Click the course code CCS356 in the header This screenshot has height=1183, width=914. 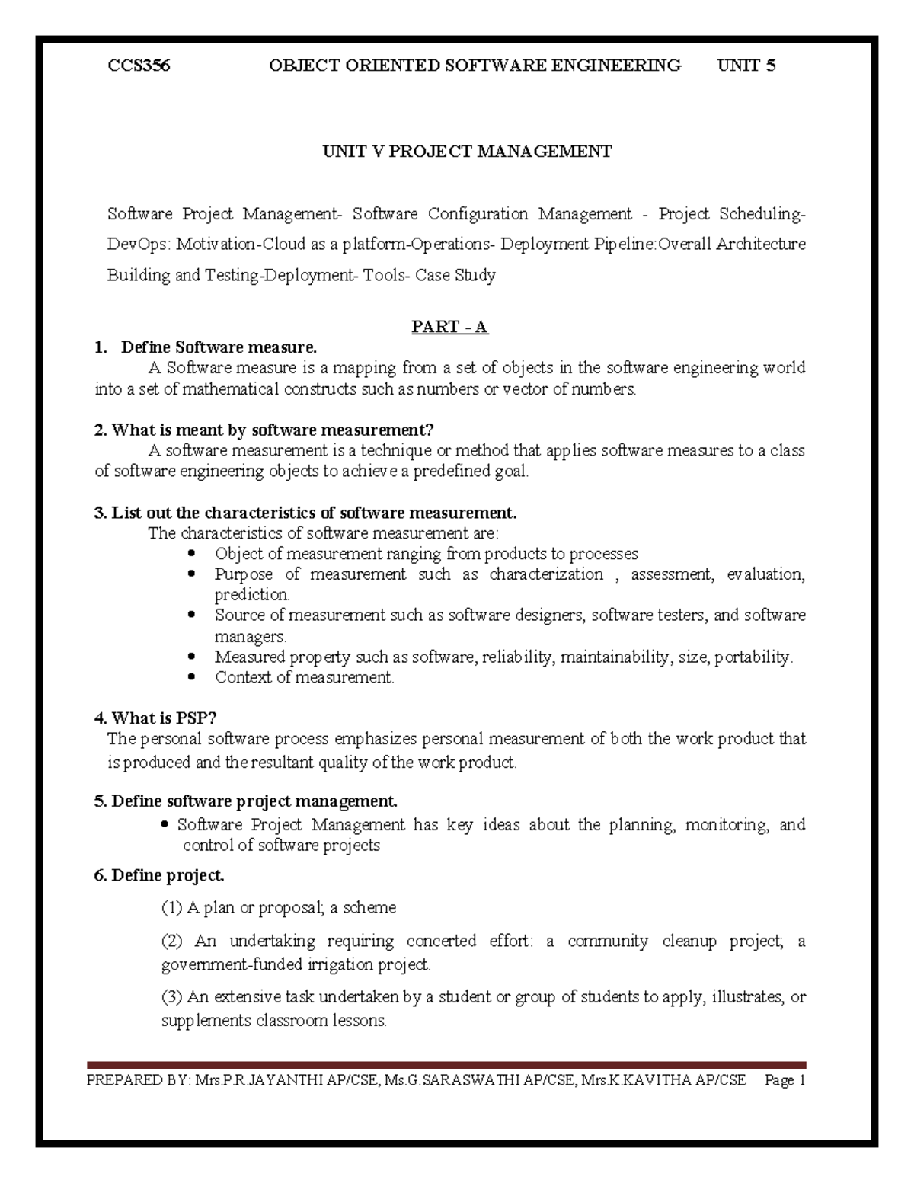[139, 66]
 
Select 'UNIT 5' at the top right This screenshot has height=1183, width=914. [746, 66]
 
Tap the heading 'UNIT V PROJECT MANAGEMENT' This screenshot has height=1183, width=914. [467, 152]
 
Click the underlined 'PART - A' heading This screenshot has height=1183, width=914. [449, 327]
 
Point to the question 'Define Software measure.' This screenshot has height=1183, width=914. [219, 347]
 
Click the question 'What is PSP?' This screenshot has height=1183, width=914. [165, 718]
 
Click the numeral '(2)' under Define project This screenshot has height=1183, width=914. [172, 942]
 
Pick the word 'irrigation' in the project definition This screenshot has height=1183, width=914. [344, 965]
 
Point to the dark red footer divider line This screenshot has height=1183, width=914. [446, 1065]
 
